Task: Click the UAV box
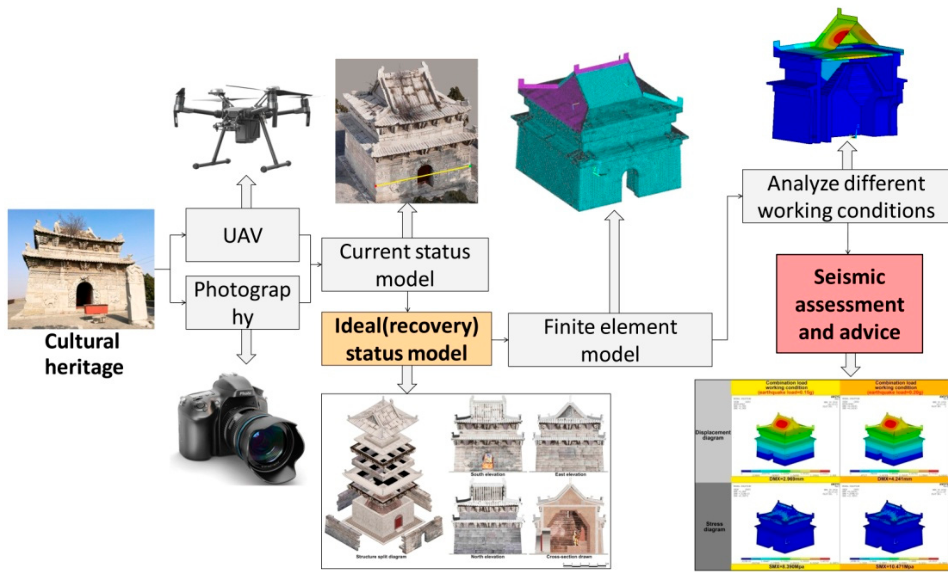click(242, 235)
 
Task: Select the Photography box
click(242, 302)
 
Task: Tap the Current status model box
click(405, 265)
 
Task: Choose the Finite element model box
click(610, 340)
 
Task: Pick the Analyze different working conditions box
click(846, 196)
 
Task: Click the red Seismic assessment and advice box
click(849, 304)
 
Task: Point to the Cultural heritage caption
click(83, 354)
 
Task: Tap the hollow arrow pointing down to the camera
click(246, 346)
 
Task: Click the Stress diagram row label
click(714, 527)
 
